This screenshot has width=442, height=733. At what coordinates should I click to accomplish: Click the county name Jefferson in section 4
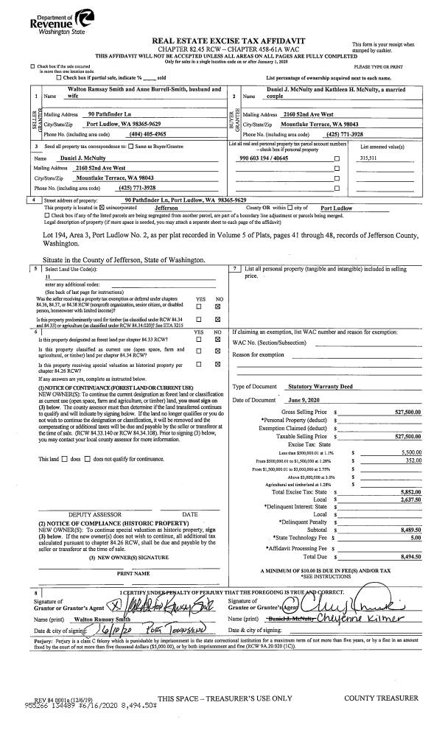[x=177, y=208]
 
